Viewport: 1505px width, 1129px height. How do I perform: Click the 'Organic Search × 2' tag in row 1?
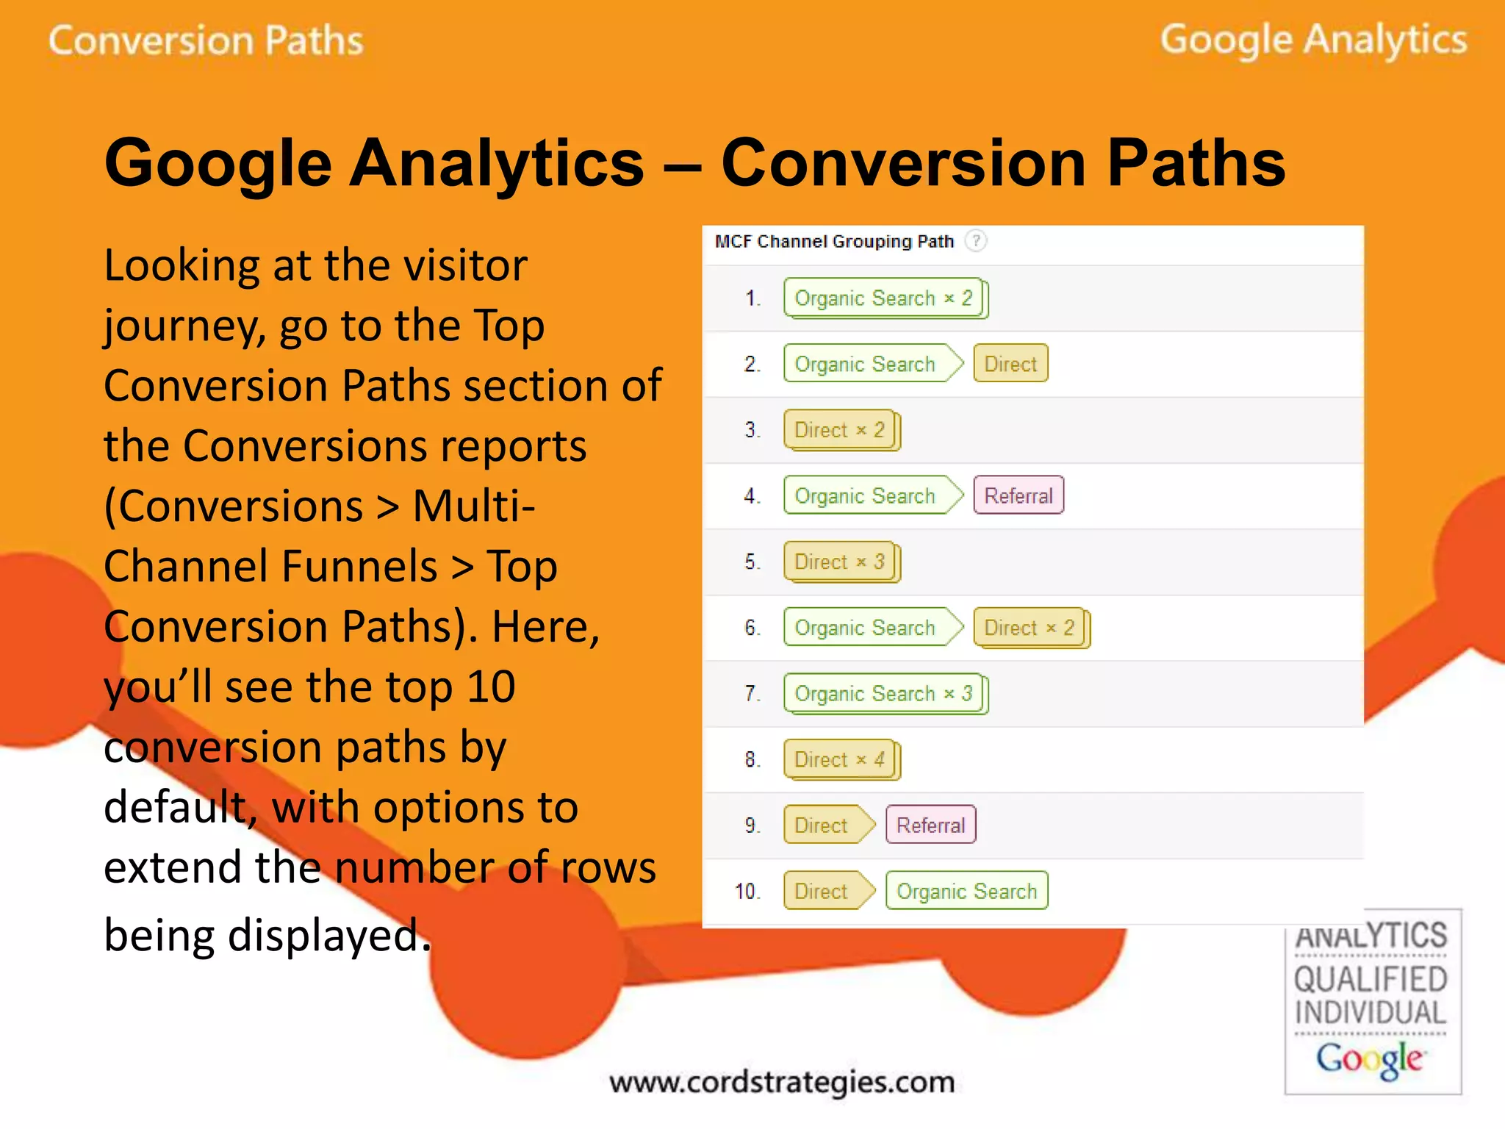click(x=884, y=298)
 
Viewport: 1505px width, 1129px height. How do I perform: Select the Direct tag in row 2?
click(x=1010, y=364)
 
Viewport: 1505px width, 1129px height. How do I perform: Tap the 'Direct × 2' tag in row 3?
click(x=840, y=430)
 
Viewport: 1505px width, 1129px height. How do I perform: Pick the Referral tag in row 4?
click(x=1019, y=495)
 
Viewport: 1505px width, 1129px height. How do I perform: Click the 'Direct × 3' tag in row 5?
click(x=840, y=562)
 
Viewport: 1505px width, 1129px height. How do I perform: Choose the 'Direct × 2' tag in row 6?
click(x=1030, y=628)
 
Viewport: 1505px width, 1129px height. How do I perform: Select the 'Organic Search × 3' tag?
click(x=884, y=693)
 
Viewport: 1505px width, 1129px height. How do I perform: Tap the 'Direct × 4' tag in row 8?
click(x=840, y=759)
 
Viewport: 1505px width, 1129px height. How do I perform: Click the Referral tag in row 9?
click(x=930, y=825)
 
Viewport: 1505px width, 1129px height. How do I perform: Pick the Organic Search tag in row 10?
click(x=966, y=891)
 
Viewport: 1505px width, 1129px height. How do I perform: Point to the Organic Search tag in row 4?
click(x=866, y=495)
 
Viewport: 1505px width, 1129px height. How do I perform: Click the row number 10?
click(x=747, y=892)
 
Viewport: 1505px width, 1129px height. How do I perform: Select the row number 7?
click(x=752, y=694)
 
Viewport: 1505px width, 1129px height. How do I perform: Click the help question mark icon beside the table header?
click(x=976, y=241)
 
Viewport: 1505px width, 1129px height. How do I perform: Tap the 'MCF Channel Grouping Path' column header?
click(x=834, y=242)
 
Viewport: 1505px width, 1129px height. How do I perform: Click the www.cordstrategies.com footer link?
click(x=782, y=1082)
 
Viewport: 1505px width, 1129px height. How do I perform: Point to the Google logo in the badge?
click(x=1370, y=1059)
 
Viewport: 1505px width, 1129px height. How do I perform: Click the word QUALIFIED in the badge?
click(x=1371, y=980)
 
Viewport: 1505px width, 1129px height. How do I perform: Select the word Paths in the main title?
click(x=1196, y=163)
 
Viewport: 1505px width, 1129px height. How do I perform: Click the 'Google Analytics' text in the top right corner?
click(x=1313, y=40)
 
